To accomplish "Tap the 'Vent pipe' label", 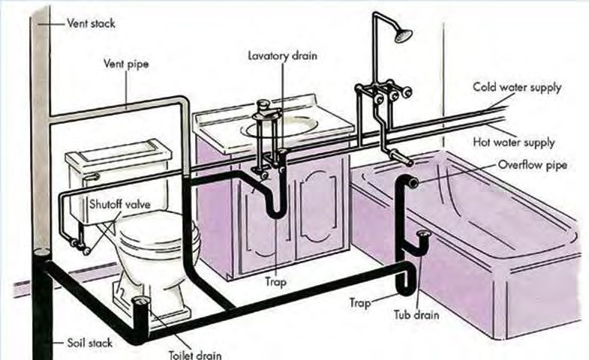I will (126, 64).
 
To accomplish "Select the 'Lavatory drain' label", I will (282, 55).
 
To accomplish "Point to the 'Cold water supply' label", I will (516, 87).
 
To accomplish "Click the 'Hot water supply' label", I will (513, 142).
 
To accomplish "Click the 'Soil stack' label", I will (89, 343).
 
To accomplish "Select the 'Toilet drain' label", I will (194, 354).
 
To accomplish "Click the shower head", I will (404, 34).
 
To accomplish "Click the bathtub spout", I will (404, 159).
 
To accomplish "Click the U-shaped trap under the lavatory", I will (275, 209).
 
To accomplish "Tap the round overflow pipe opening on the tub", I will (413, 181).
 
